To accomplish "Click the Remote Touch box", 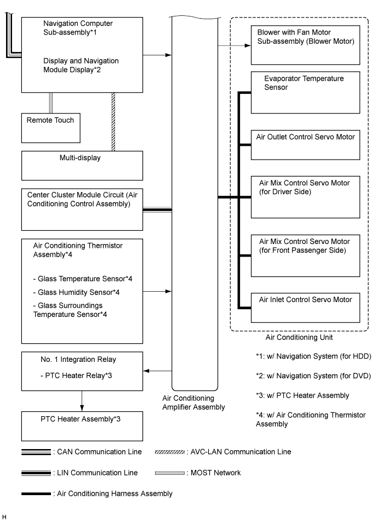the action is point(50,128).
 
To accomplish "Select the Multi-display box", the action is point(82,166).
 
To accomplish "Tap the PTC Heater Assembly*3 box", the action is point(82,426).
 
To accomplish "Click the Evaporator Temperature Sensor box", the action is point(305,92).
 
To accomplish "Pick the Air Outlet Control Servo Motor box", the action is point(305,145).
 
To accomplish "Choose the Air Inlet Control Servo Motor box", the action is point(305,308).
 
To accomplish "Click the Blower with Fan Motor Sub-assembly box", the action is point(305,45).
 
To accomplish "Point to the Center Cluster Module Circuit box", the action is point(82,209).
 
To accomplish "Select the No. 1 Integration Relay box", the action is point(82,371).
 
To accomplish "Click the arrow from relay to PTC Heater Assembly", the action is point(82,401).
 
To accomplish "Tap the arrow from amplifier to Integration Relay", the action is point(157,371).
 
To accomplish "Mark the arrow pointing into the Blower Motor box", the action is point(234,46).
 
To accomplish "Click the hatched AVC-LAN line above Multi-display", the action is point(113,122).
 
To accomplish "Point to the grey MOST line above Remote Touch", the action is point(51,103).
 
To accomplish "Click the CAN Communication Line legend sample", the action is point(36,452).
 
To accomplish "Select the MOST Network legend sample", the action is point(170,473).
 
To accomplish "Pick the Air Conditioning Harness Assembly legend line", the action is point(36,493).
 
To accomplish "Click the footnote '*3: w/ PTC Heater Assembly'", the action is point(302,395).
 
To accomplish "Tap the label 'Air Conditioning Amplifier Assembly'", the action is point(194,402).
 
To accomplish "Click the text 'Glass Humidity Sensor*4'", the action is point(76,292).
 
